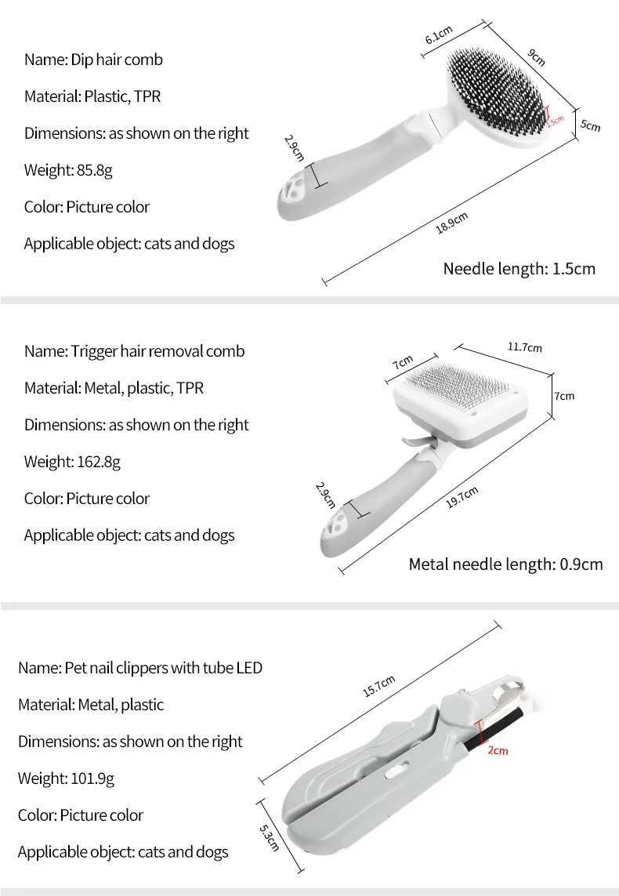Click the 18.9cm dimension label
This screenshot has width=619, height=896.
[451, 223]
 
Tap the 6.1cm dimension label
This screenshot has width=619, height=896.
[439, 34]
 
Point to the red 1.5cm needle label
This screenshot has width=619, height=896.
[555, 121]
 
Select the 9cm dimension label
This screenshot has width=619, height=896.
[536, 57]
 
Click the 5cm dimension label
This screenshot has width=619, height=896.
[591, 125]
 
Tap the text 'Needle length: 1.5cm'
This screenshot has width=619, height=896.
[519, 269]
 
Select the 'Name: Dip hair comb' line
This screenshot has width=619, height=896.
[94, 60]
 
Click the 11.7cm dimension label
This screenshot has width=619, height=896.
[525, 346]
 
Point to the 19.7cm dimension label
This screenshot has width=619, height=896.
[462, 497]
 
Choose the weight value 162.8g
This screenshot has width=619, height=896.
[99, 462]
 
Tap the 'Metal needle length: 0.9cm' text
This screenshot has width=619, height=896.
[505, 564]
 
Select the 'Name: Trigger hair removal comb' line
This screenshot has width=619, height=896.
[134, 351]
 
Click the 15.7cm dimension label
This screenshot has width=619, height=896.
[378, 686]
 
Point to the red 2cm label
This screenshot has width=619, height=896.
[498, 750]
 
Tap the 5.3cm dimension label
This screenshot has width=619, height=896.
[269, 838]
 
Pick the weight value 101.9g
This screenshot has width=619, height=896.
[92, 778]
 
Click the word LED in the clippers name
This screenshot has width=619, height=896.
[249, 668]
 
